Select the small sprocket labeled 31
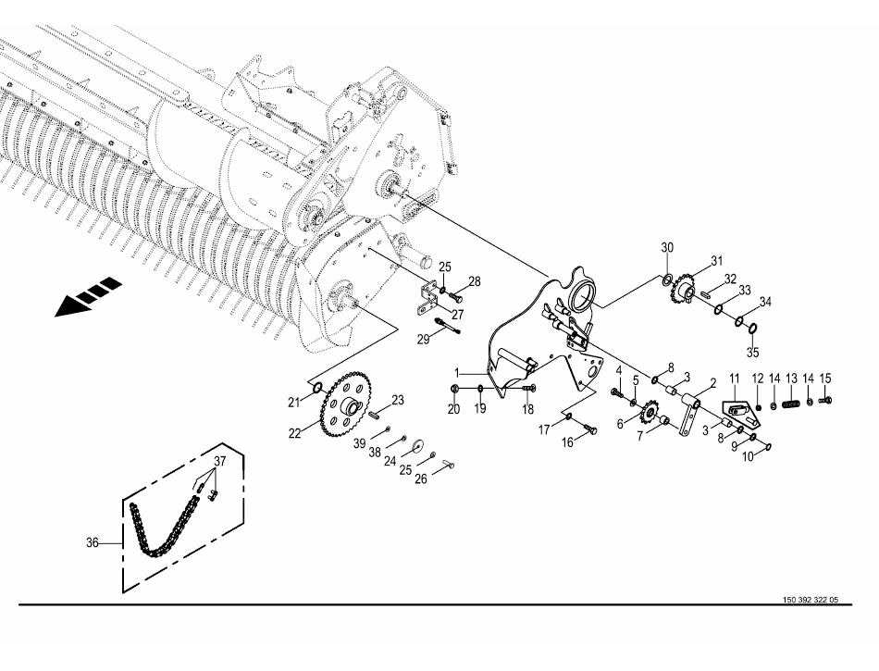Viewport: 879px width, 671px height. [x=684, y=291]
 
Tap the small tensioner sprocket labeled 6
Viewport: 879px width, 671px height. [x=649, y=414]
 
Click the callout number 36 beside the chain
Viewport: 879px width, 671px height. [x=93, y=542]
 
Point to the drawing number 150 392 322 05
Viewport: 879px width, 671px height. [x=811, y=600]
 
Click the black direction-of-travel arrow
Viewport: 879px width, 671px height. [x=87, y=296]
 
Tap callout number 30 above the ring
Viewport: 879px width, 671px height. [x=667, y=247]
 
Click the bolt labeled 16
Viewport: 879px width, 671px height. [x=588, y=429]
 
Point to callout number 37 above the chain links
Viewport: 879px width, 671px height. [x=220, y=461]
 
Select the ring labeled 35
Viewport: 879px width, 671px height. [x=754, y=328]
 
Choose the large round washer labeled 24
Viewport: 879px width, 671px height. [x=417, y=446]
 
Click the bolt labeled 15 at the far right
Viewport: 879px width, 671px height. [x=825, y=400]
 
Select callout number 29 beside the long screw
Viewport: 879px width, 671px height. [x=423, y=340]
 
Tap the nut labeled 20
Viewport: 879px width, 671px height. [x=454, y=389]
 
